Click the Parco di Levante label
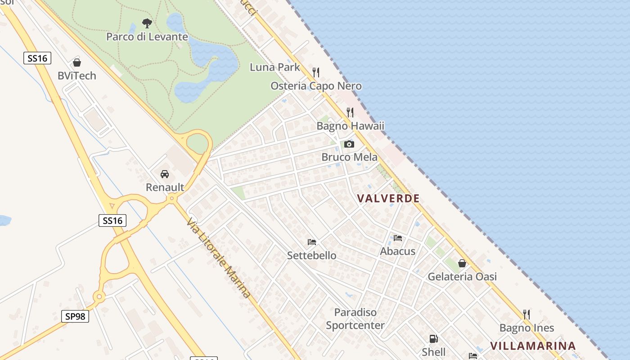[147, 36]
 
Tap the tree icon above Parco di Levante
[147, 23]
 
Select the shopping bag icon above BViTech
[77, 63]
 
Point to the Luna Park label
[274, 67]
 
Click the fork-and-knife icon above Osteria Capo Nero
[316, 72]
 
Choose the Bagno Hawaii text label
[351, 126]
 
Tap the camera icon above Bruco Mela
[349, 144]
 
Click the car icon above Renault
[165, 174]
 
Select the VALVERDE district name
[388, 198]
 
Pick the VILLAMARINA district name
[533, 346]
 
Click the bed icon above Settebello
[312, 242]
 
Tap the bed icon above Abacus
[398, 238]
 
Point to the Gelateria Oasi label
[462, 277]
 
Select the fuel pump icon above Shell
[434, 339]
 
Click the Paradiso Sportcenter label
[355, 319]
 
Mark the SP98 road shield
[75, 316]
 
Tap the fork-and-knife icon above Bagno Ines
[526, 314]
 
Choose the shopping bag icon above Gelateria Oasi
[462, 263]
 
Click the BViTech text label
[77, 76]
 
